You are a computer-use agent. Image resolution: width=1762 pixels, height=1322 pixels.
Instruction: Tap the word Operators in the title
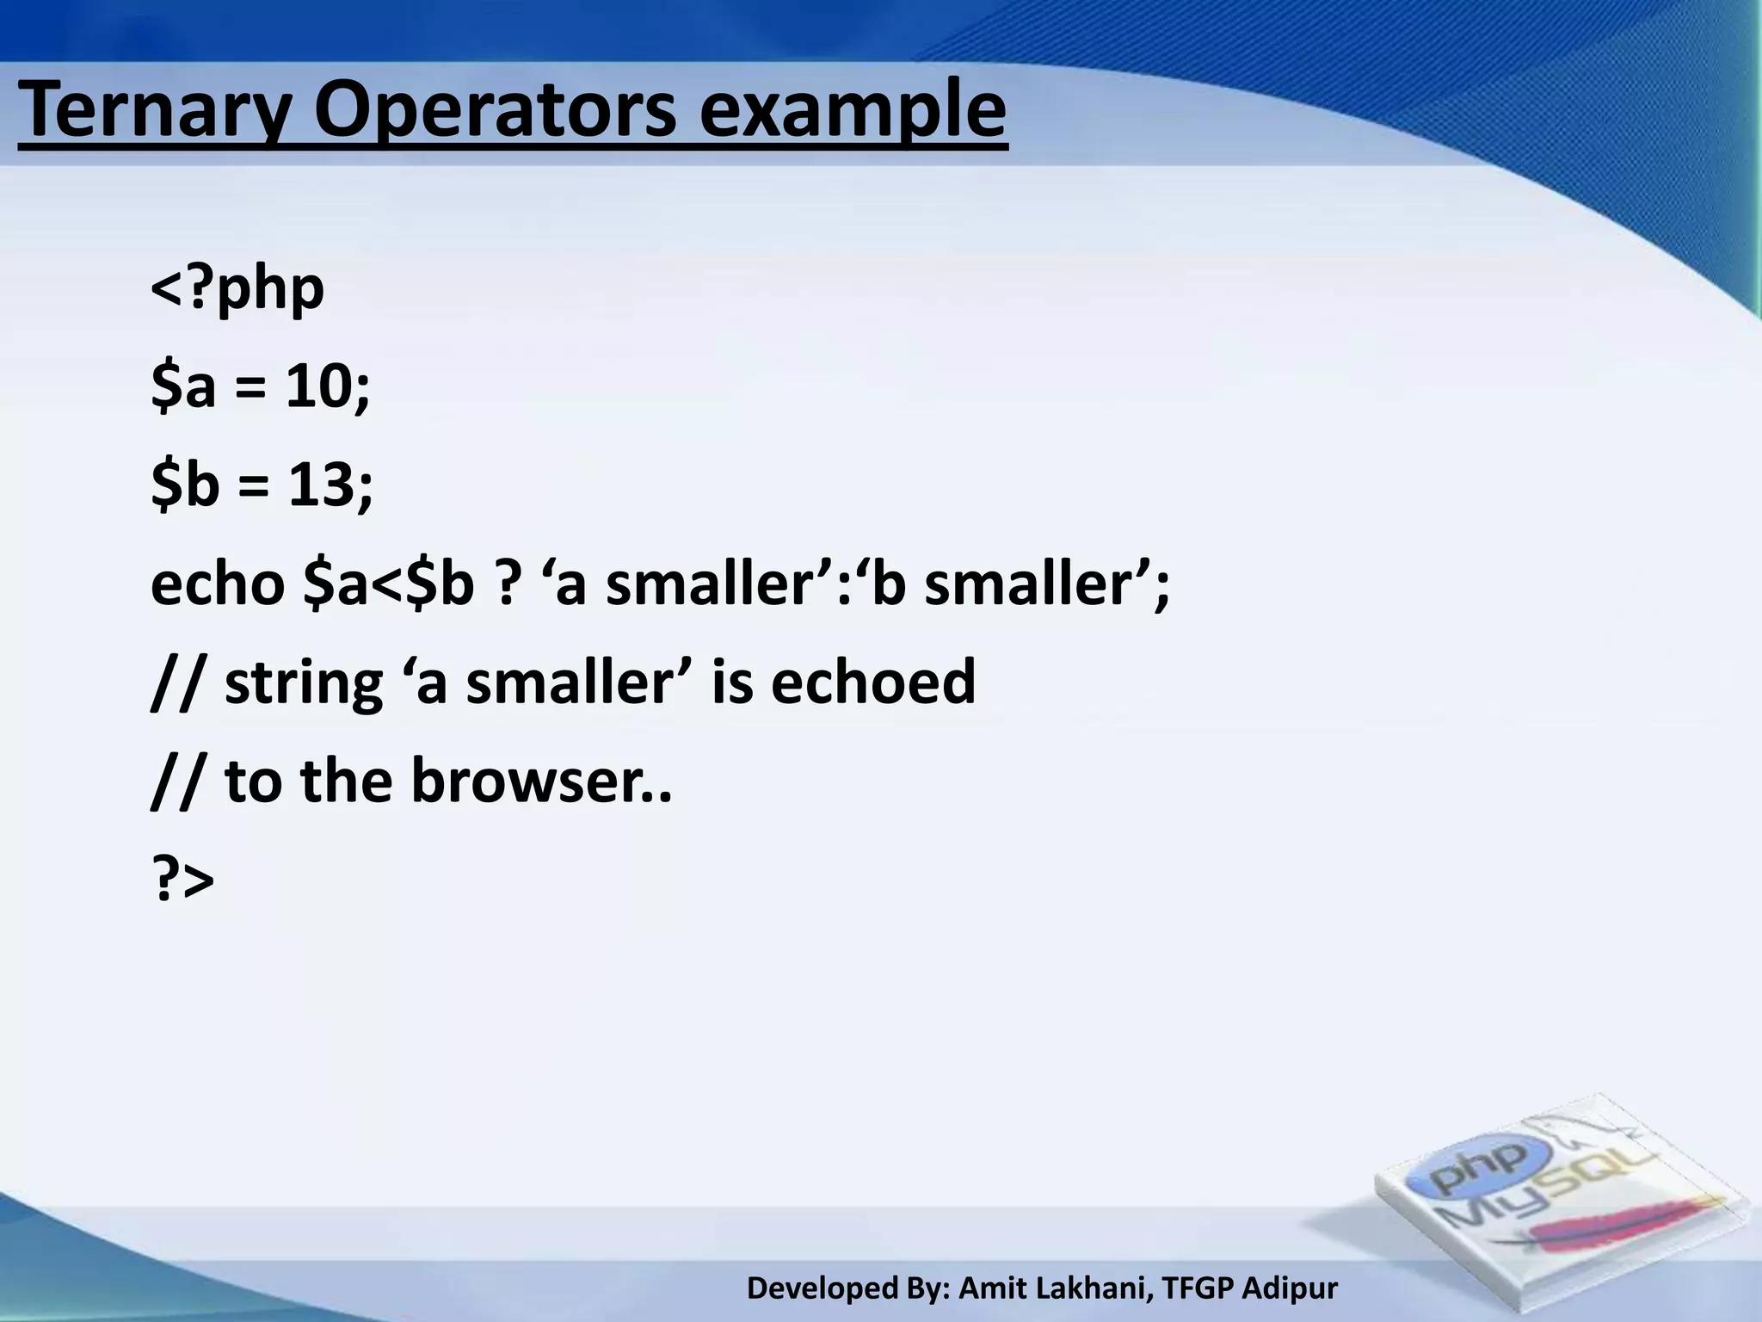pos(496,112)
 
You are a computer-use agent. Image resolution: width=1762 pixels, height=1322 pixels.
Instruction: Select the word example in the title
pos(852,112)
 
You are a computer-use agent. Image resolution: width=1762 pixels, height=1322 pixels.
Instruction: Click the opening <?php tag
pos(237,289)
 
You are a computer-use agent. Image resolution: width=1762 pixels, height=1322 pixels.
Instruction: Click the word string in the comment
pos(303,683)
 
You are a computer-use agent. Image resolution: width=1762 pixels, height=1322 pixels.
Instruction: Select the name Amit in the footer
pos(990,1288)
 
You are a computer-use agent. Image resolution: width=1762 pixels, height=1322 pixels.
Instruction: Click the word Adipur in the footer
pos(1291,1288)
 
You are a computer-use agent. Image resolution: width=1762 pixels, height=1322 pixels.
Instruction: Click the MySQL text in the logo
pos(1540,1196)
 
